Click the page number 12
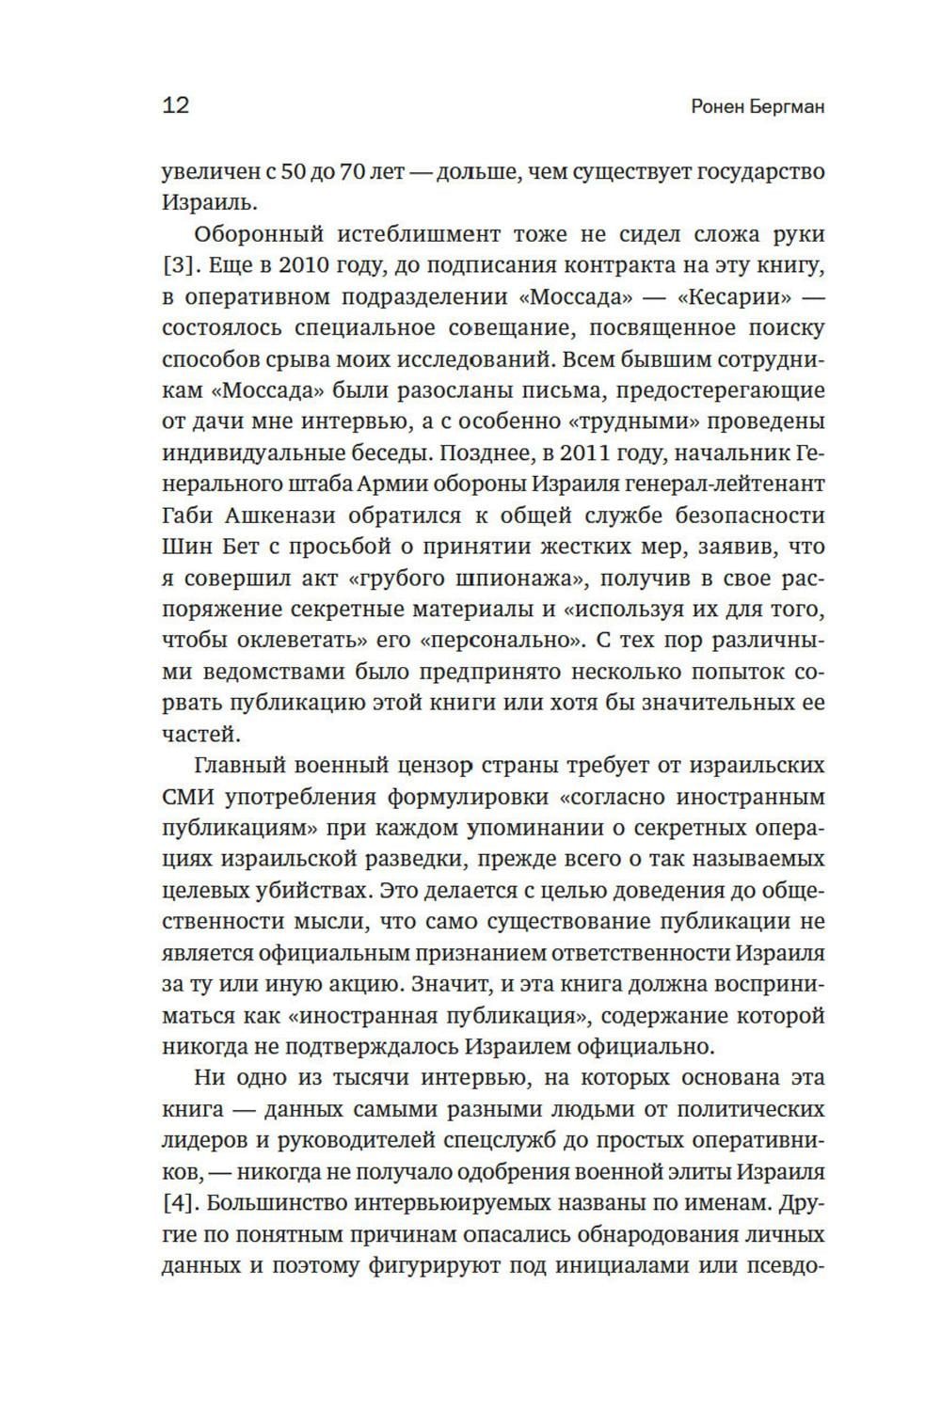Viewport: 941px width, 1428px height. click(176, 104)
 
